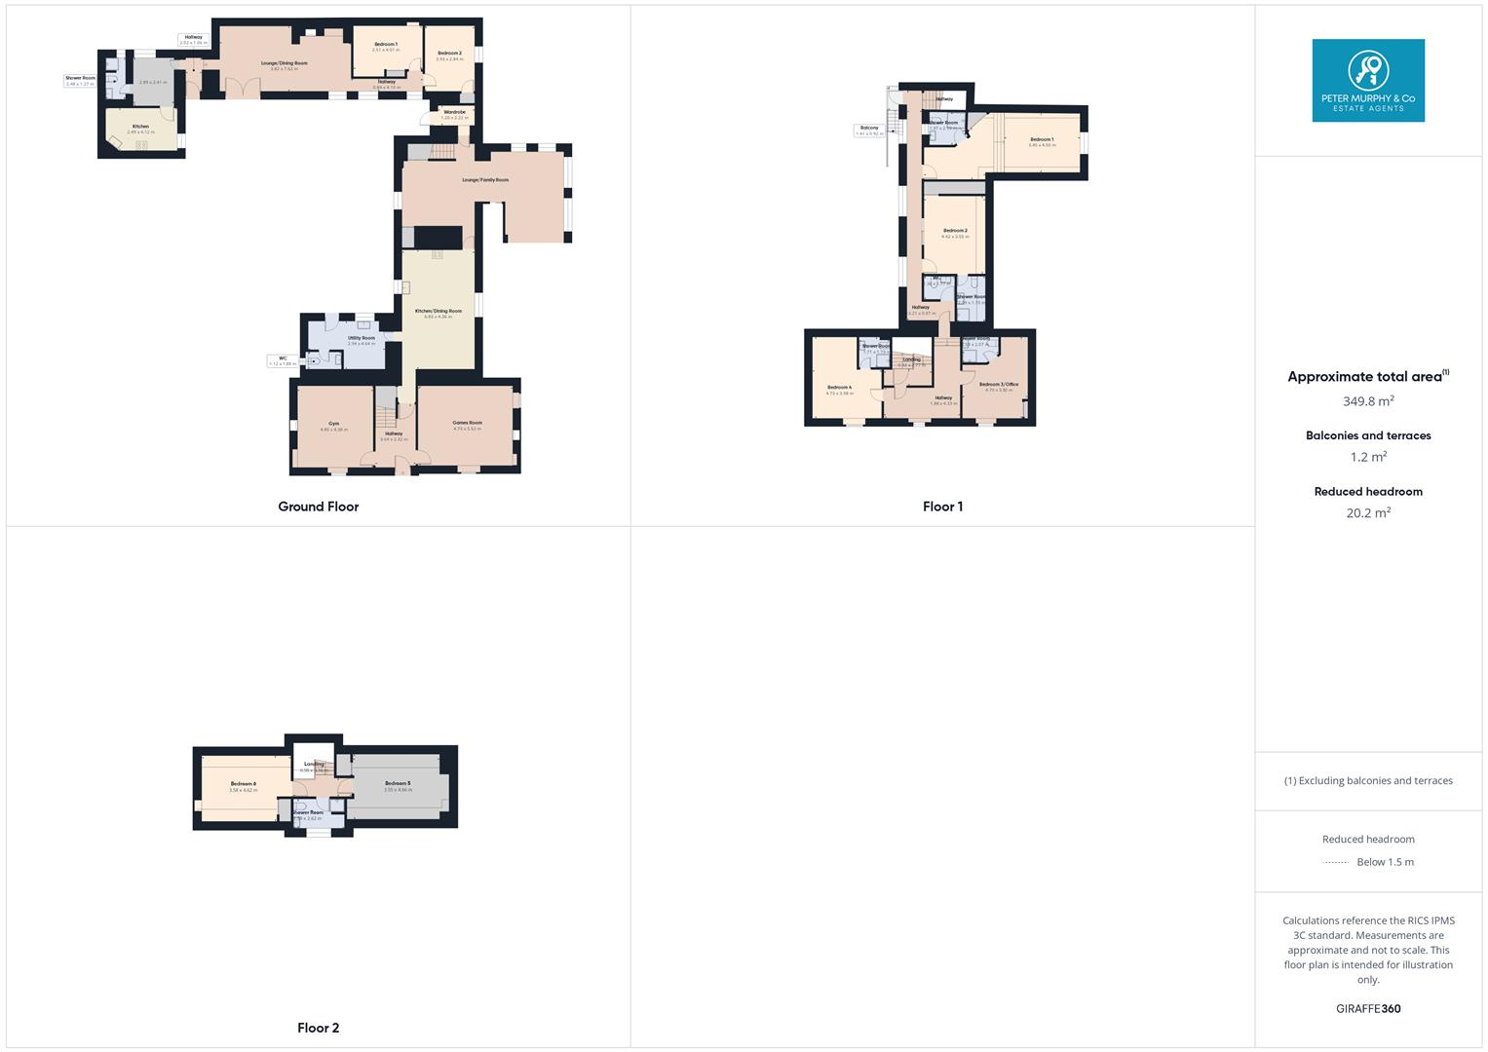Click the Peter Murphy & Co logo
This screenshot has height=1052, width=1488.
1367,80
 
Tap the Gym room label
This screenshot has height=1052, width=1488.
334,424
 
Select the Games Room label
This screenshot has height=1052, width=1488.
468,423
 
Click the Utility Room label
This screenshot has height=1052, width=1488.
362,338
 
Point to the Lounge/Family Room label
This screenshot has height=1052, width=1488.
485,180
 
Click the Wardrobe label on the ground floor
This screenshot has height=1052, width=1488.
454,112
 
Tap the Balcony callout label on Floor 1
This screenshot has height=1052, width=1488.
868,129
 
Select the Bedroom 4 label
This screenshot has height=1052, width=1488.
839,388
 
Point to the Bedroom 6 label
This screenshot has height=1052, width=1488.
244,784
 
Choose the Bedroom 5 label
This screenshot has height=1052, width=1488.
398,784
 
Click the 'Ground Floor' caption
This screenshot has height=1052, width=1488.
319,507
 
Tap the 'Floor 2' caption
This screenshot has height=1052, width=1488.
319,1028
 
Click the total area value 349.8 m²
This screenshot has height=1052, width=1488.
1368,401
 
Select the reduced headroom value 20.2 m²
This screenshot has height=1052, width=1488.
1368,513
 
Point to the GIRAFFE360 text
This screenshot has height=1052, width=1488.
1368,1009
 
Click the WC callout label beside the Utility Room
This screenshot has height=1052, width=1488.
283,358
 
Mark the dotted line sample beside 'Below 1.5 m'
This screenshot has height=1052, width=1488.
1336,862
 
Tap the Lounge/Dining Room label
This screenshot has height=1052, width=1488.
285,63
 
